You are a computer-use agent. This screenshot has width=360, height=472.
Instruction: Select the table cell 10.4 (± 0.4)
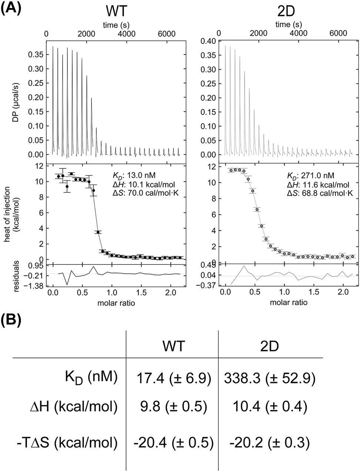pyautogui.click(x=270, y=408)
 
